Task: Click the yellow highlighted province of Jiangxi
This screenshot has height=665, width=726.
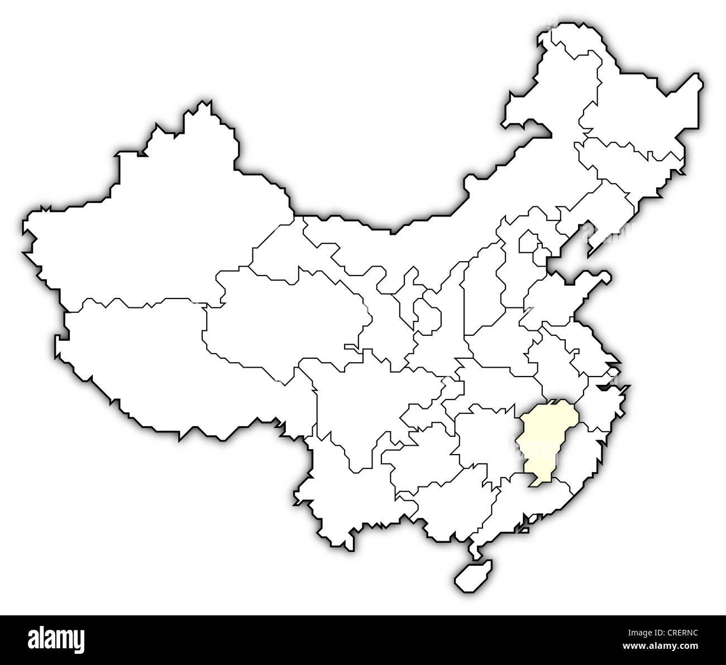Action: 544,438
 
